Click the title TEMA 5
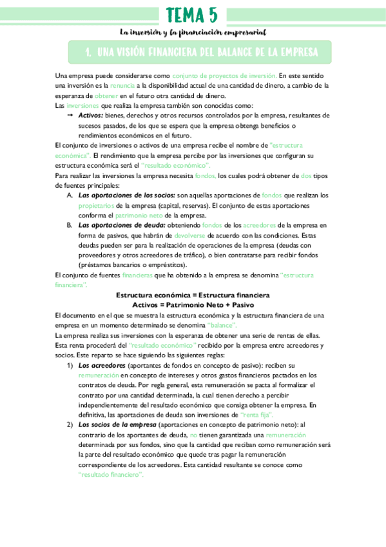[192, 15]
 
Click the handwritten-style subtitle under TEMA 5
[193, 32]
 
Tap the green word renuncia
[123, 85]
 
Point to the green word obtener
[99, 95]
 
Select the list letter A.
[70, 195]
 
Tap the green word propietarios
[97, 205]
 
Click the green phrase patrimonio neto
[139, 215]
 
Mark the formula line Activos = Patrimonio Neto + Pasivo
[193, 304]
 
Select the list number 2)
[69, 425]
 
